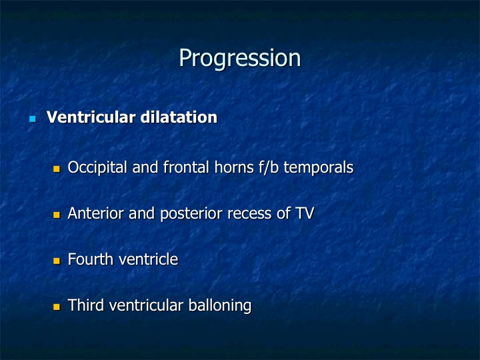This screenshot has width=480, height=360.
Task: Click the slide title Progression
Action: pyautogui.click(x=240, y=58)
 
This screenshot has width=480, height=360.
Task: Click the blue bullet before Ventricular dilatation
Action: pyautogui.click(x=33, y=119)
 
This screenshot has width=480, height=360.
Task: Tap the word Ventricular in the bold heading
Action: pyautogui.click(x=91, y=117)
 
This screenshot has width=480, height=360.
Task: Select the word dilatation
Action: pyautogui.click(x=179, y=117)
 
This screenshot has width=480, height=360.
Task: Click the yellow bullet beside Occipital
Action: pyautogui.click(x=57, y=169)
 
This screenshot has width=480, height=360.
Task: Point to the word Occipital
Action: pyautogui.click(x=97, y=168)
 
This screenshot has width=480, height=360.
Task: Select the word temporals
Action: pyautogui.click(x=319, y=168)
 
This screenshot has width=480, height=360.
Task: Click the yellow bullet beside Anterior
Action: pyautogui.click(x=57, y=215)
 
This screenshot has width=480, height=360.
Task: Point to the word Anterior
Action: pyautogui.click(x=95, y=213)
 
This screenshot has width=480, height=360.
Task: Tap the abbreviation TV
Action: pyautogui.click(x=305, y=213)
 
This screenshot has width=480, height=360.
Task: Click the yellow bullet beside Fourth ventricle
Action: pyautogui.click(x=57, y=261)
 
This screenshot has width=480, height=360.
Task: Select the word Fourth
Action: pyautogui.click(x=91, y=259)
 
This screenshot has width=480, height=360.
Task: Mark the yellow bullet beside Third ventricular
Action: pyautogui.click(x=57, y=307)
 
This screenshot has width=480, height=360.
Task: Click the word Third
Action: pyautogui.click(x=86, y=305)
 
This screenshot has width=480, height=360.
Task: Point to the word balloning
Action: pyautogui.click(x=220, y=306)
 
